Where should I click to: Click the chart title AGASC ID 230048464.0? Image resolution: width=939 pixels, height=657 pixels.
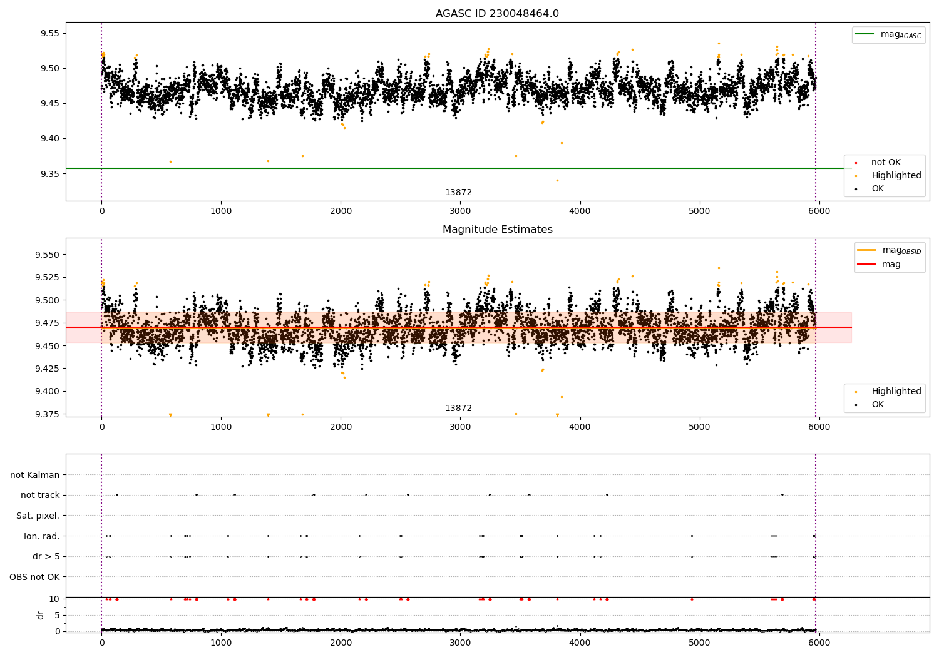click(497, 13)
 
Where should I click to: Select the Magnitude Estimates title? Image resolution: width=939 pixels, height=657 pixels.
click(498, 229)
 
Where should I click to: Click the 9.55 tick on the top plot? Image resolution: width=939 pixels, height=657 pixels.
click(50, 34)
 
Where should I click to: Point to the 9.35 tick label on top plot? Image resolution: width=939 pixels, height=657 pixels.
click(50, 173)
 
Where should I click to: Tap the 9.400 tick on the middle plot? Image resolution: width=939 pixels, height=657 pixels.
click(48, 391)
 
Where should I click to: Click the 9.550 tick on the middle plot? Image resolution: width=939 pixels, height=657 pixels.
click(48, 255)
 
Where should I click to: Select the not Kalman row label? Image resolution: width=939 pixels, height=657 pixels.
click(35, 475)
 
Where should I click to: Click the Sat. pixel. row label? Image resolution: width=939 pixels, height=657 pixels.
click(38, 516)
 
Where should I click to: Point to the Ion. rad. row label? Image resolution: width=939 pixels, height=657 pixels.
click(41, 536)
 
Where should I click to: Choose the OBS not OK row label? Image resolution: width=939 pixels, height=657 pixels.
click(34, 577)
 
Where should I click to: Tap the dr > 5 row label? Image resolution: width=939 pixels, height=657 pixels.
click(46, 556)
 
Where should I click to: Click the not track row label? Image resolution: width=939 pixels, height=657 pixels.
click(40, 496)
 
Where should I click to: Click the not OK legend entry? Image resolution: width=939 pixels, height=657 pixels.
click(886, 162)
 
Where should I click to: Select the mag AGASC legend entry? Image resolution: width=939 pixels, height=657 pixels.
click(888, 35)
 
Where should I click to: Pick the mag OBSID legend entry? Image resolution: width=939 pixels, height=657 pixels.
click(890, 250)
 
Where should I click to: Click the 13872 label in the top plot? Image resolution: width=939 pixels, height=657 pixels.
click(458, 192)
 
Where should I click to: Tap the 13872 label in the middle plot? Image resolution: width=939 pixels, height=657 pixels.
click(458, 408)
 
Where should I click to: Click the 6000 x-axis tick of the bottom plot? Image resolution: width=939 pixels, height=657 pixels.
click(819, 643)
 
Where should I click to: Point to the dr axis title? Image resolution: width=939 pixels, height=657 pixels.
click(40, 616)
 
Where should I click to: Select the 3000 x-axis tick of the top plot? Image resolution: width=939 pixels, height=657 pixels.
click(460, 211)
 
